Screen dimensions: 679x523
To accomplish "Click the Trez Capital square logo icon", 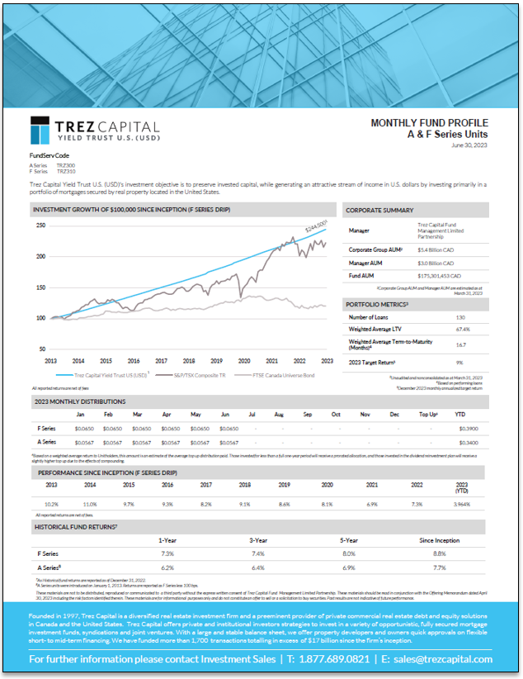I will (44, 131).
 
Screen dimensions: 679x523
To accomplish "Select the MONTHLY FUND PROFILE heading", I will (429, 122).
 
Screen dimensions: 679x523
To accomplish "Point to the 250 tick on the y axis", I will (40, 225).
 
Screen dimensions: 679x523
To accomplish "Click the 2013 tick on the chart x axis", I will (50, 361).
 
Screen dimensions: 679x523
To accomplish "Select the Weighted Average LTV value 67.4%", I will (464, 329).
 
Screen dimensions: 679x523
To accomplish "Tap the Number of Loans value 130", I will (461, 317).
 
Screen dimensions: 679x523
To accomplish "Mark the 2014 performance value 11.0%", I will (90, 503).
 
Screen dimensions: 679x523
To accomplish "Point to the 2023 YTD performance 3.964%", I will (462, 503).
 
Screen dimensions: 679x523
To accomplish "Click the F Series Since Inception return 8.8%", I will (440, 553).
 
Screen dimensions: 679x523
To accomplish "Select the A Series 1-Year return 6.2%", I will (167, 568).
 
